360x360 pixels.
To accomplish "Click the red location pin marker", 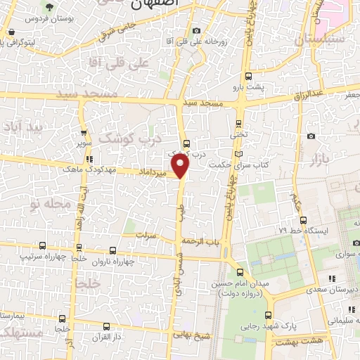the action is pyautogui.click(x=181, y=167).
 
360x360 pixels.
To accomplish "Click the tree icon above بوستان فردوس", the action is pyautogui.click(x=49, y=7).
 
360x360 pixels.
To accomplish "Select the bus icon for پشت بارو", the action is pyautogui.click(x=248, y=77).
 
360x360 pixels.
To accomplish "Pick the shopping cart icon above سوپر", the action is pyautogui.click(x=84, y=131).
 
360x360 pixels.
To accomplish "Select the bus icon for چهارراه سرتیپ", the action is pyautogui.click(x=43, y=246).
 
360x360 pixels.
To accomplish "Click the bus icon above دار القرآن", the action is pyautogui.click(x=106, y=326).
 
